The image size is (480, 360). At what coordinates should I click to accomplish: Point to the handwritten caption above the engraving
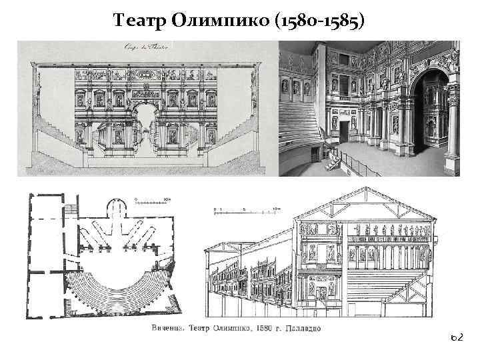click(145, 47)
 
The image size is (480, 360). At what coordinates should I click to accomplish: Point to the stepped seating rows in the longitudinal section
click(393, 273)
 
